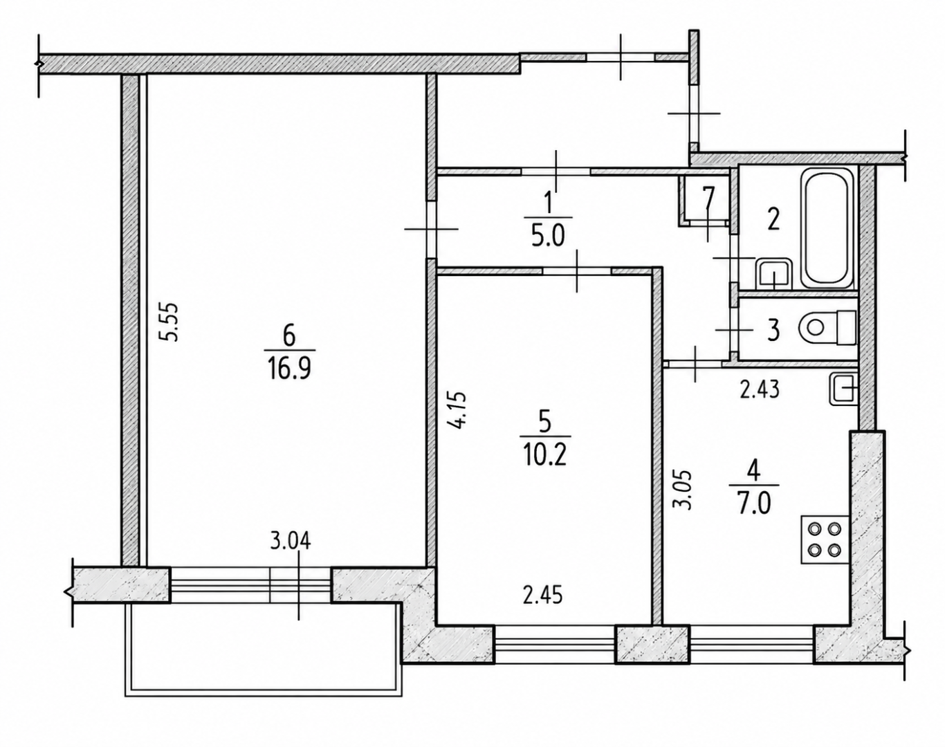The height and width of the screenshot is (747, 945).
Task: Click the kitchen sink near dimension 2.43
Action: [843, 389]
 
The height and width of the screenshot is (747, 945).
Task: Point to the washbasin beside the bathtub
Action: [774, 274]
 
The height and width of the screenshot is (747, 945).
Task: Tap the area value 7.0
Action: [753, 505]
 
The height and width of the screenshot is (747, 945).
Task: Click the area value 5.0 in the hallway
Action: [549, 237]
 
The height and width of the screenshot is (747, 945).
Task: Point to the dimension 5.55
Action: [169, 322]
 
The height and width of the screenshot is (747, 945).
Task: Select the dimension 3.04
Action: [291, 542]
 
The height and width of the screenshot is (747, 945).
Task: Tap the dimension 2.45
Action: [543, 596]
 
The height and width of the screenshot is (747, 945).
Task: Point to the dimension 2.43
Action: [760, 389]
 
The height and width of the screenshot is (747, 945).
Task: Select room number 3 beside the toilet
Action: [773, 330]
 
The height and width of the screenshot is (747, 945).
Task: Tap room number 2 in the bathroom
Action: [773, 219]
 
